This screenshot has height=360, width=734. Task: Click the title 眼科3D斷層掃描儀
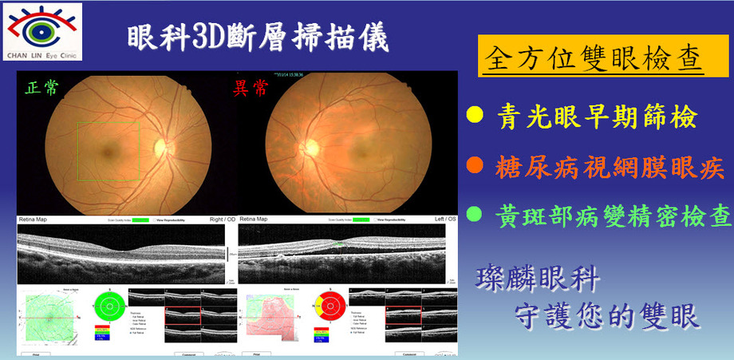tap(258, 38)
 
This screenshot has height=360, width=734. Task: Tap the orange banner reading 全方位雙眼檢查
tap(592, 57)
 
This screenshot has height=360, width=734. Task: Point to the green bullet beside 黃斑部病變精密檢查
tap(474, 214)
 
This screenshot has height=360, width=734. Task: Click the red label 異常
tap(251, 87)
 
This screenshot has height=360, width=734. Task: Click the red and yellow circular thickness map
tap(327, 304)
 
